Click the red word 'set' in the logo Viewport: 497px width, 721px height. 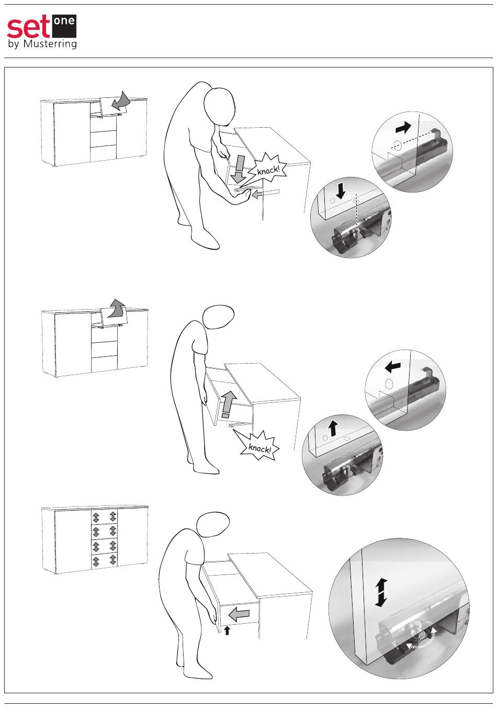[28, 28]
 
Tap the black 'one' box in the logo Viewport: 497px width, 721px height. [64, 26]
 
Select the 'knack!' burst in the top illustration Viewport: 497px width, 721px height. [267, 169]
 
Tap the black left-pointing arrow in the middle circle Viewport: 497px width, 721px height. [393, 366]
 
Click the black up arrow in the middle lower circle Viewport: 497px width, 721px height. [333, 428]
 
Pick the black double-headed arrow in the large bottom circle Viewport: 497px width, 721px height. [381, 592]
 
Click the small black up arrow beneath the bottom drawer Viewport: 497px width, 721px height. [227, 630]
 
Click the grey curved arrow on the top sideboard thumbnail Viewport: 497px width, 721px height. [121, 101]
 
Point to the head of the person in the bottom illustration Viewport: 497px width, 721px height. [213, 524]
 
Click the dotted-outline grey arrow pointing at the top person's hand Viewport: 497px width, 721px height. [266, 194]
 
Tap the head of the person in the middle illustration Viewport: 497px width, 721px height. [218, 317]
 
